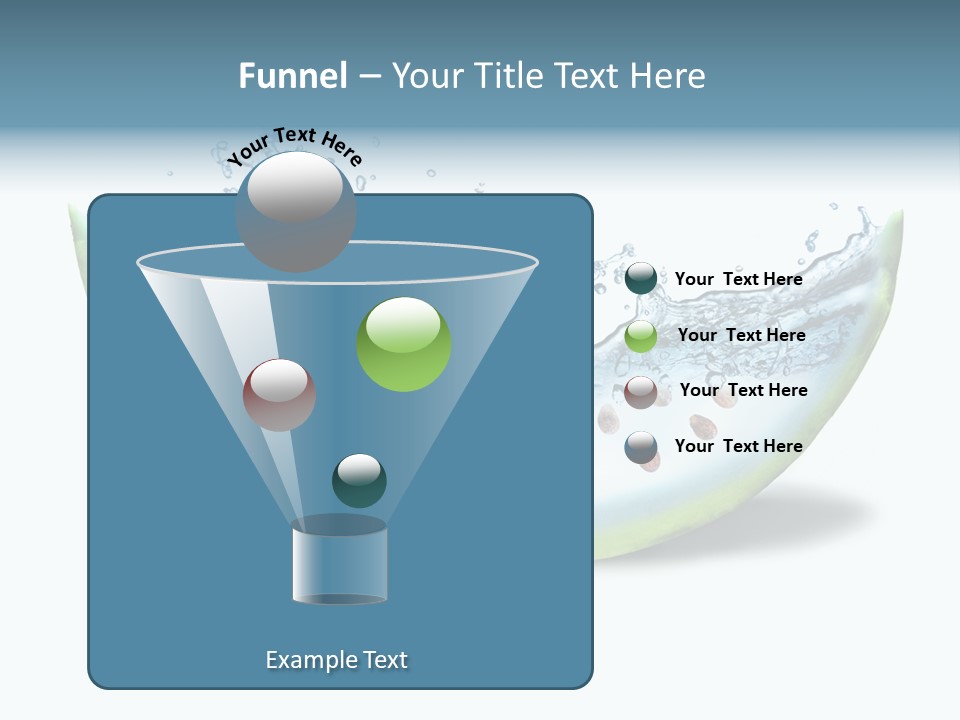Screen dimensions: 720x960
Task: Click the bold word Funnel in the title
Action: point(293,76)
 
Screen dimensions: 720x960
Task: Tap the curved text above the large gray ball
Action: point(295,146)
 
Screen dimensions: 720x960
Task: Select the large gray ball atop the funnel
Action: point(296,212)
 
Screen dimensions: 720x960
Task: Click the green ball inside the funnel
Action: point(404,345)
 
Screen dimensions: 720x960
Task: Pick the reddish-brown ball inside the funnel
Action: point(279,395)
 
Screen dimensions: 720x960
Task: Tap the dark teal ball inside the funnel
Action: point(359,480)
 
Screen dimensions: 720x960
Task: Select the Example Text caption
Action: point(337,660)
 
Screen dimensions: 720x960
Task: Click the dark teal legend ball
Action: point(641,279)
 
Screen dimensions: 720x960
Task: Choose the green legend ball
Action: point(641,335)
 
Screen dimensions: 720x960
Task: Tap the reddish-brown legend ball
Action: point(641,391)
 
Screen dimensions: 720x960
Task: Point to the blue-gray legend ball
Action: point(641,447)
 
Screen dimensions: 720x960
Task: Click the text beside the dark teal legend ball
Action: point(738,279)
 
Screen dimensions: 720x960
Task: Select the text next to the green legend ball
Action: point(741,335)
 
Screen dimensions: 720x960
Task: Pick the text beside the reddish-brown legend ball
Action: point(743,390)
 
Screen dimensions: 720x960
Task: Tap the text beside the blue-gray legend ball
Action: point(738,446)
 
